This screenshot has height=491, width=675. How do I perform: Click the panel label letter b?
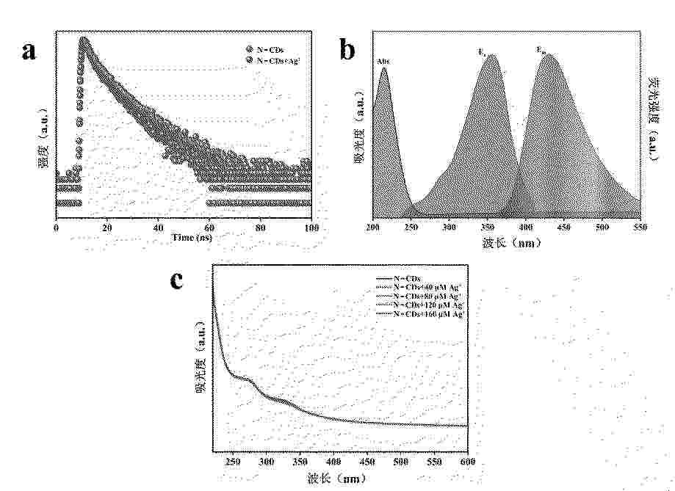point(348,50)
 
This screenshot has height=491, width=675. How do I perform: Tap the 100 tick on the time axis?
point(311,228)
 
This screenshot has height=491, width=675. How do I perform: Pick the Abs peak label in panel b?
point(383,61)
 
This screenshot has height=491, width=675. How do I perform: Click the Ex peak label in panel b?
point(482,52)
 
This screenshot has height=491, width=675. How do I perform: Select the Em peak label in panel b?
point(541,49)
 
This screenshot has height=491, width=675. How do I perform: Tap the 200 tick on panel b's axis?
point(374,228)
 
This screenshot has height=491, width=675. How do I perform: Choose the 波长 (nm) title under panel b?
point(508,241)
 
